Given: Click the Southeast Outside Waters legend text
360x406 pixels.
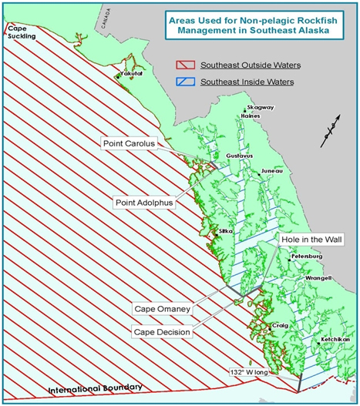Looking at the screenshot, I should tap(249, 66).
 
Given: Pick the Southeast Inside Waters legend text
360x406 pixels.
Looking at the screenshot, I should tap(246, 81).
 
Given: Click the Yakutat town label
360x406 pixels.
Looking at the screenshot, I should tap(130, 75).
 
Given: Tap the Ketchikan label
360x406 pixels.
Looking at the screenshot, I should tap(332, 339).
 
